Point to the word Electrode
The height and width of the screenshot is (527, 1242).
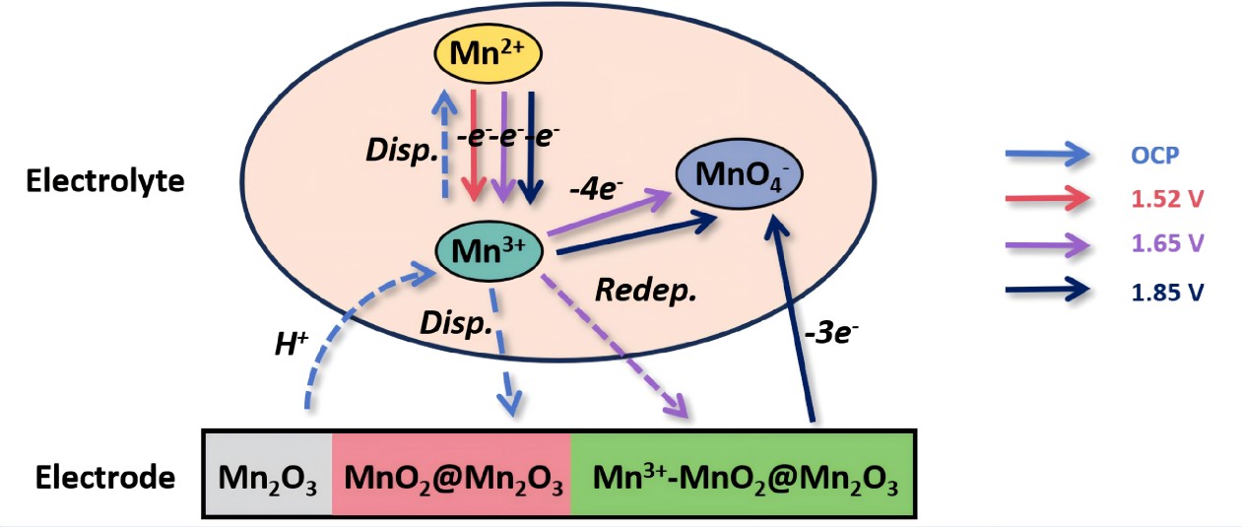[104, 479]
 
